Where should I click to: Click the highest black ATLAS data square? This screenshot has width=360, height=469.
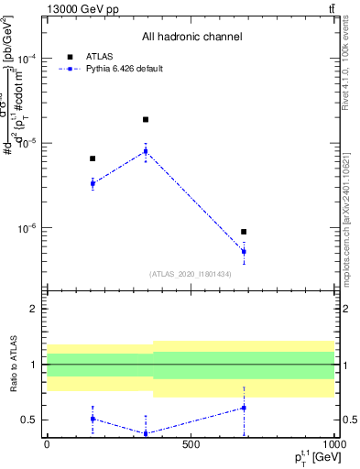tap(145, 120)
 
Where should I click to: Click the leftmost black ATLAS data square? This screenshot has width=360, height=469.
tap(93, 158)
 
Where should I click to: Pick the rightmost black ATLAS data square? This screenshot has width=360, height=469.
tap(244, 232)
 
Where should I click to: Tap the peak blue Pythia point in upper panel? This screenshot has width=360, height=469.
tap(145, 151)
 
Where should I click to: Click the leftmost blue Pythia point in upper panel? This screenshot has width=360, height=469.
tap(93, 183)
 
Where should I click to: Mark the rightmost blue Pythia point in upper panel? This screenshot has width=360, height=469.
tap(244, 251)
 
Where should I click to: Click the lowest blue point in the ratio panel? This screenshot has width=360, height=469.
tap(145, 433)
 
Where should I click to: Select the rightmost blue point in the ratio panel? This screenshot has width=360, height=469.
tap(244, 408)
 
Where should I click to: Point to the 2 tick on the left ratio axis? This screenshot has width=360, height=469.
tap(34, 310)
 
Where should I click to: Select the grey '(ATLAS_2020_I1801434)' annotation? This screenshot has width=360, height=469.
tap(191, 274)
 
